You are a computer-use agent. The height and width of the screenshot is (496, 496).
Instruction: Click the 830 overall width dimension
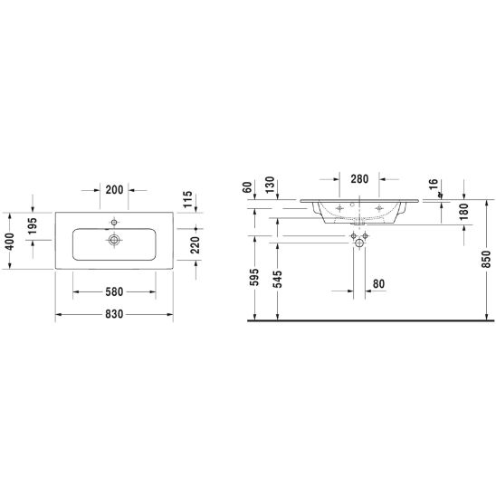[x=114, y=314]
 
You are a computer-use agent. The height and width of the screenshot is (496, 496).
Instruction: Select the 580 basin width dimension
[x=114, y=291]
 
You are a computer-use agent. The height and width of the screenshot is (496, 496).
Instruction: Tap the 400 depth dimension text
[x=9, y=242]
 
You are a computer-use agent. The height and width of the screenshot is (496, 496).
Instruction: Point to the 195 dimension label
[x=33, y=226]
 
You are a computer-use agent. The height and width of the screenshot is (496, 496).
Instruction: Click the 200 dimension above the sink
[x=114, y=190]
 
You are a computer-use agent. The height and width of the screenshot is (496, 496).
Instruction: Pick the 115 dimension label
[x=187, y=199]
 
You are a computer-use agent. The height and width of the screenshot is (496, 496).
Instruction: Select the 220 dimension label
[x=196, y=245]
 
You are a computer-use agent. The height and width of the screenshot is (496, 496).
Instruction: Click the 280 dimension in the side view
[x=359, y=179]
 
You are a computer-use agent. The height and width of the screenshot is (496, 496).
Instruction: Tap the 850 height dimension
[x=486, y=259]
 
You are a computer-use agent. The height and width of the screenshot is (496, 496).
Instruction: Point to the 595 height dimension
[x=254, y=277]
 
